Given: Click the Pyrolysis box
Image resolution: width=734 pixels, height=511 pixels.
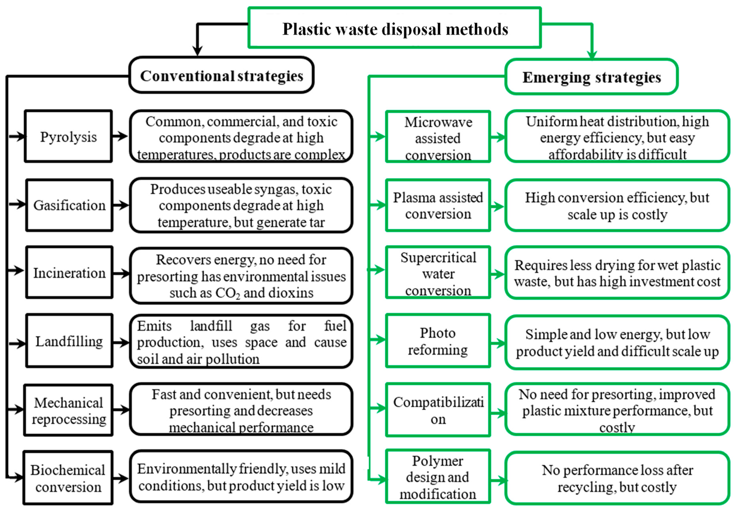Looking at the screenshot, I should tap(68, 136).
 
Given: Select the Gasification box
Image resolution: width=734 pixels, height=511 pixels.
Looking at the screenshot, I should tap(69, 205).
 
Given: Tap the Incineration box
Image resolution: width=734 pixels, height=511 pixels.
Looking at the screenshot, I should tap(69, 273).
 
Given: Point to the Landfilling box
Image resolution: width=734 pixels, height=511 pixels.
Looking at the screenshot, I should tap(69, 341).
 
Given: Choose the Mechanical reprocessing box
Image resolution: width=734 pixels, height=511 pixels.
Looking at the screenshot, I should tap(68, 410).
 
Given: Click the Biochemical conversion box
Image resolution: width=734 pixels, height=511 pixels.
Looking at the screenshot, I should tap(68, 478).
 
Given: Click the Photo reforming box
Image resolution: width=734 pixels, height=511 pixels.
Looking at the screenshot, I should tap(438, 341).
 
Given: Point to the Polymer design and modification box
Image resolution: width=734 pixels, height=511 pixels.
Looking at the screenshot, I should tap(438, 477).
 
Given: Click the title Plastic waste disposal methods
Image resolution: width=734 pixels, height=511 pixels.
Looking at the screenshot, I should tap(395, 29).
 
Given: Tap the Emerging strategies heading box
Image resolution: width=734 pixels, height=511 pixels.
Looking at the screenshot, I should tap(591, 77).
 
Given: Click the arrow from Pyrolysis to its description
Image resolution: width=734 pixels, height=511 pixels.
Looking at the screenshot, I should tap(120, 136).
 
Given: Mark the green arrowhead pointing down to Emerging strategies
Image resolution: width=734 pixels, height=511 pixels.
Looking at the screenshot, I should tap(592, 55).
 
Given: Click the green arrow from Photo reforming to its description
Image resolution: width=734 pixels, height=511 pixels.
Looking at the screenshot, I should tap(497, 344).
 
